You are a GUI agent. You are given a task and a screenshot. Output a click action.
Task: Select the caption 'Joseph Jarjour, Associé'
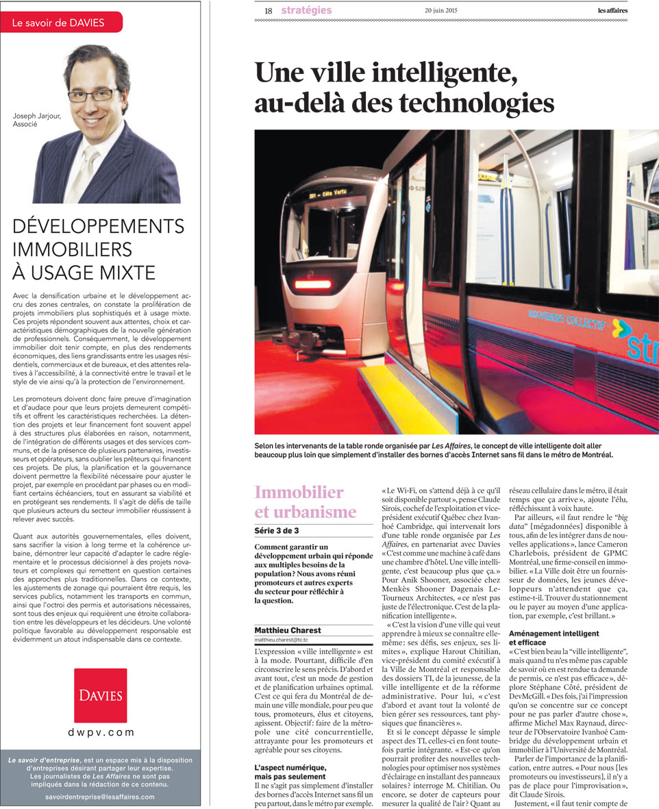tap(36, 121)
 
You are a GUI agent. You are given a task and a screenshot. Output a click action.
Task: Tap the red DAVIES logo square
tap(100, 695)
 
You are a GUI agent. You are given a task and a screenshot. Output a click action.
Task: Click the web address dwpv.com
tap(101, 732)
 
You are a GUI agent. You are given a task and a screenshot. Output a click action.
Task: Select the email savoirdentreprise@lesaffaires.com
tap(100, 797)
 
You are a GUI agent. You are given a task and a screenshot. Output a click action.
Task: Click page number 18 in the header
tap(268, 11)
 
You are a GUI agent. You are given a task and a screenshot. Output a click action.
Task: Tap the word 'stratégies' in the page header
tap(306, 10)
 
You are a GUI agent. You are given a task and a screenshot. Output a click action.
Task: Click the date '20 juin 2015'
tap(442, 11)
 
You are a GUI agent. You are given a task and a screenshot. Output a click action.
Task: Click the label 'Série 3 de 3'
tap(277, 530)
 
